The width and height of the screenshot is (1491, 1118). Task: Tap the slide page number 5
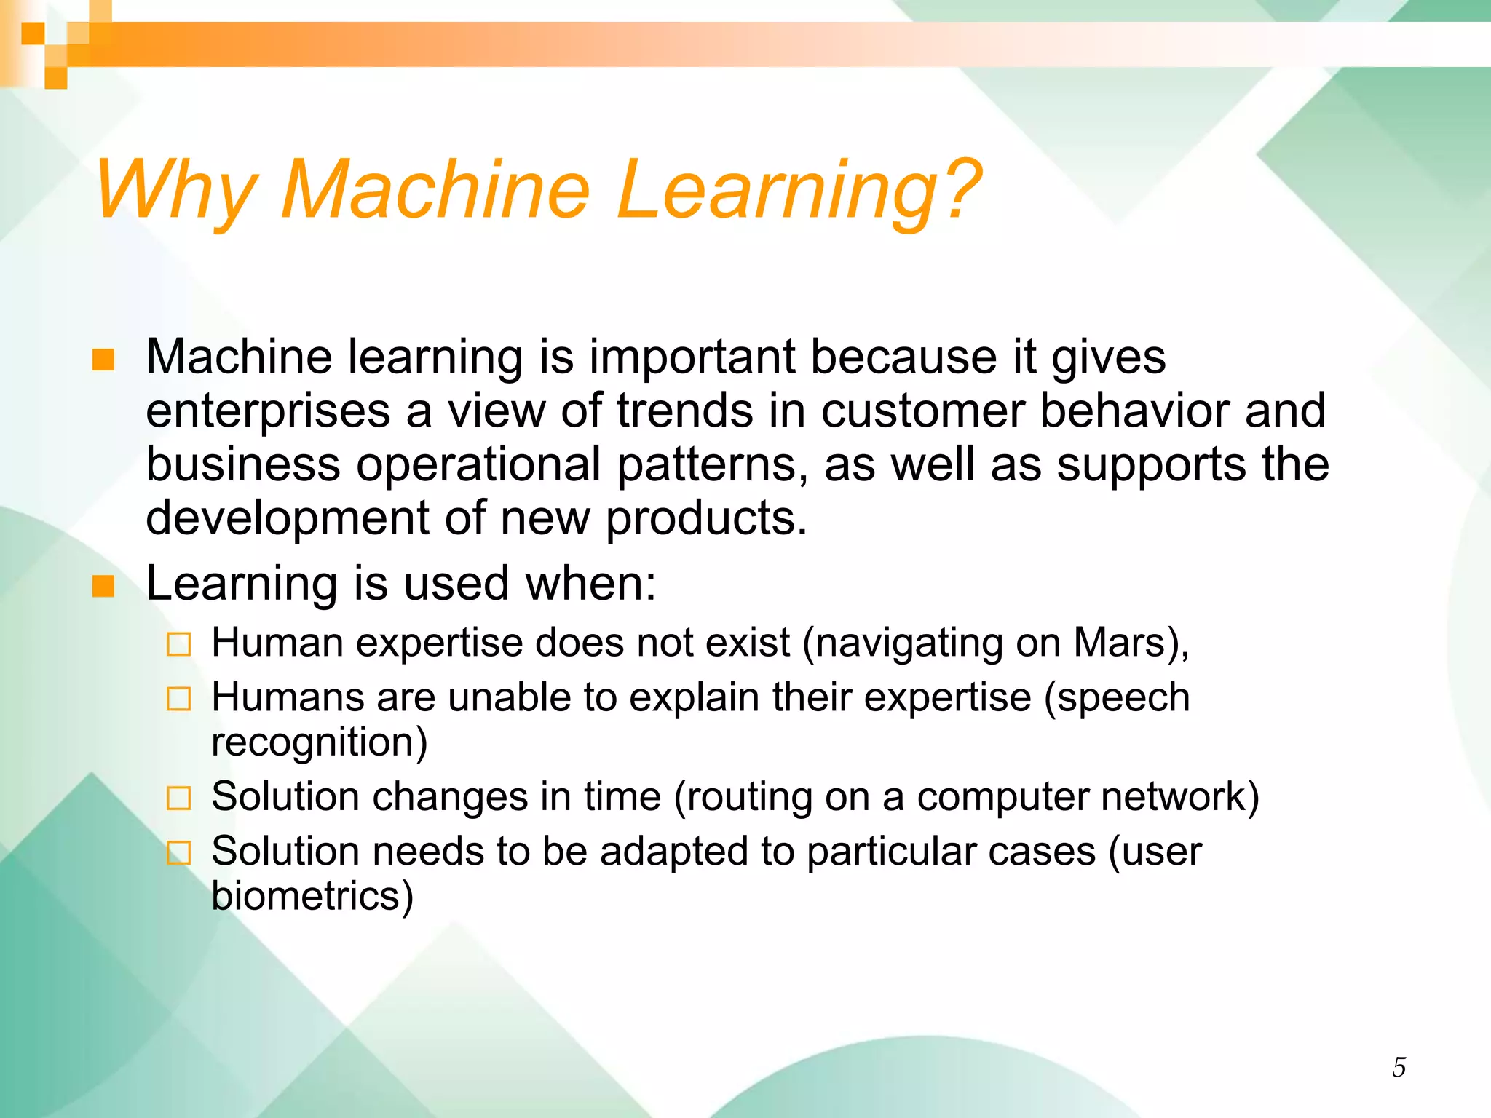[1399, 1068]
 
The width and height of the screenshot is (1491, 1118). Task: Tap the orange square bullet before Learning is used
[103, 586]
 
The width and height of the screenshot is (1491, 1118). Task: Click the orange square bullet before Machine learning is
[103, 360]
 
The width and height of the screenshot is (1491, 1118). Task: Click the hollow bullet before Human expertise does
[178, 645]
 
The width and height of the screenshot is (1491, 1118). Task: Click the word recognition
[319, 742]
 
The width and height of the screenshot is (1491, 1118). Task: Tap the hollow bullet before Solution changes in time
[178, 798]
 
